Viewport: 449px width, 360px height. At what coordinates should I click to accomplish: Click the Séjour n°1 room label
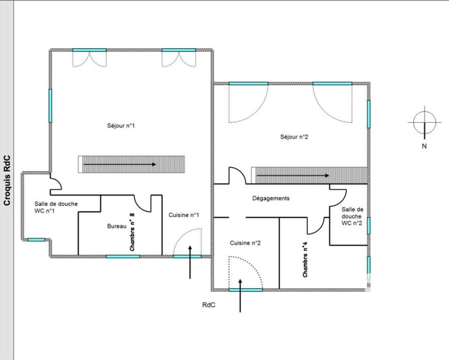click(121, 126)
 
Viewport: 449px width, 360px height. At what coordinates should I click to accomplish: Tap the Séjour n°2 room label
click(294, 137)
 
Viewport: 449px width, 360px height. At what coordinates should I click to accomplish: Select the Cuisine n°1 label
click(184, 215)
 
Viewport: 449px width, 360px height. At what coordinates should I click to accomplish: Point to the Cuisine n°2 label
click(245, 243)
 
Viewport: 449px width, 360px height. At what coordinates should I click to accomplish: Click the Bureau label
click(117, 226)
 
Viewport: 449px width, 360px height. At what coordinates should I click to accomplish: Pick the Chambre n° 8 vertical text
click(132, 232)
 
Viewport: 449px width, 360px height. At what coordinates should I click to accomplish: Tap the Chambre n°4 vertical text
click(305, 260)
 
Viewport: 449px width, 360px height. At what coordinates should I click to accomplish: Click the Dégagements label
click(271, 198)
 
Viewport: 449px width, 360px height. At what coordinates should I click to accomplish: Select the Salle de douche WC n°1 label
click(56, 207)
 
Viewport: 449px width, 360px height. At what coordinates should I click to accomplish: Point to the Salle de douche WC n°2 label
click(352, 216)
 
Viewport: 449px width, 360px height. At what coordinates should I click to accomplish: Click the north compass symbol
click(424, 122)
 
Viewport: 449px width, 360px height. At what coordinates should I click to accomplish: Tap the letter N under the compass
click(424, 146)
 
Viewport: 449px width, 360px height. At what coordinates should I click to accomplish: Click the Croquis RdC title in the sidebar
click(7, 181)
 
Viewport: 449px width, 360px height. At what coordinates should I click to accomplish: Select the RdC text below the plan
click(209, 305)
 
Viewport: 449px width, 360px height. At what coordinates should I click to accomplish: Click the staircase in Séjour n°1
click(131, 164)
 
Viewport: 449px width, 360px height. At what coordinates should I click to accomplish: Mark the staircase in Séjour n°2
click(309, 176)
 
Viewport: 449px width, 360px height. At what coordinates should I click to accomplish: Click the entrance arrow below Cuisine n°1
click(190, 262)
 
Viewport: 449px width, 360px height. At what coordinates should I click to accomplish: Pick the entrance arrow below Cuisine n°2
click(240, 296)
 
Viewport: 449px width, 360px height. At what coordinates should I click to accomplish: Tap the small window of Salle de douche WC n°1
click(36, 240)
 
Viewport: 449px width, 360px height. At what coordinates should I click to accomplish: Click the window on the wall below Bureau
click(123, 256)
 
